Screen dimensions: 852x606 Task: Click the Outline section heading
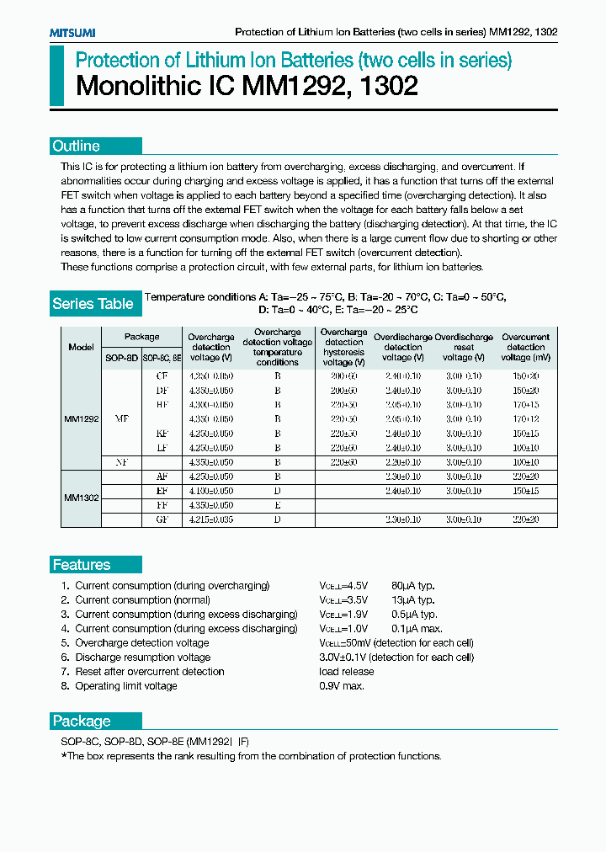77,146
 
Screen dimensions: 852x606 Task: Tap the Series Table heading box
93,304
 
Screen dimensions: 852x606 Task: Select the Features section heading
82,565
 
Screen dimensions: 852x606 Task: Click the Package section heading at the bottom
82,721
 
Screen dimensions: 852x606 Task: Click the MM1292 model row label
82,418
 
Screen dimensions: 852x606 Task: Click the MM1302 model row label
82,498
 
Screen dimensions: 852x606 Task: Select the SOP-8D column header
121,358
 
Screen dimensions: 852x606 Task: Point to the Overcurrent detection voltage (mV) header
526,347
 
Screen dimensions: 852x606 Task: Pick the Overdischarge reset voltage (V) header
464,347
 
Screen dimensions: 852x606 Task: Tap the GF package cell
162,520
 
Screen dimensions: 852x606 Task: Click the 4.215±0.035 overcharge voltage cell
210,520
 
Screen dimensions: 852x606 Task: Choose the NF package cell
121,462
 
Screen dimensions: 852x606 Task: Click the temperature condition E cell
277,506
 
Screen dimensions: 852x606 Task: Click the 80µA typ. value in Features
412,585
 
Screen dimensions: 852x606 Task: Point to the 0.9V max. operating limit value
341,686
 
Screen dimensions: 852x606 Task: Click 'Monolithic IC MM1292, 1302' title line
247,87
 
